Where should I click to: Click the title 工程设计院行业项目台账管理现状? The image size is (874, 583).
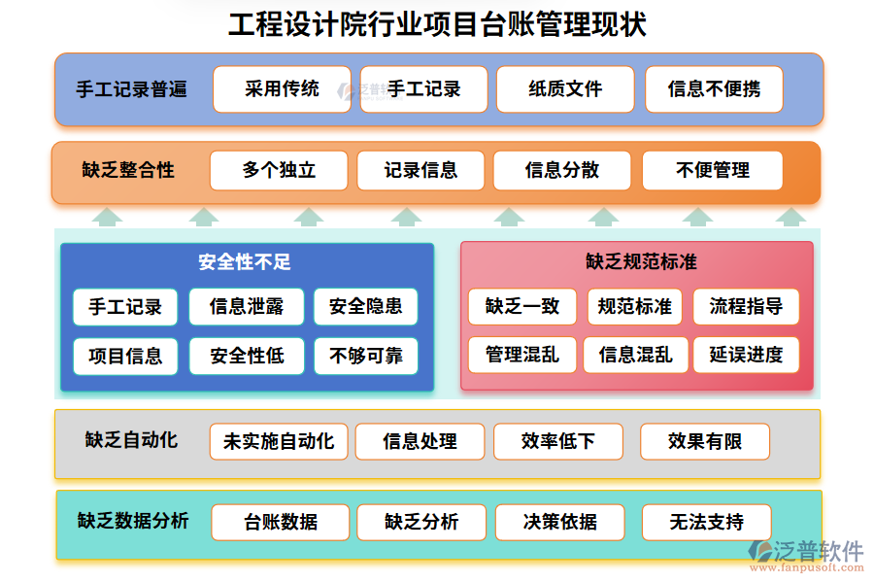(x=437, y=24)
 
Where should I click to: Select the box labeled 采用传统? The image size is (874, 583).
(x=282, y=89)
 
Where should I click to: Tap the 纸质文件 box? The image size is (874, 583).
(x=565, y=89)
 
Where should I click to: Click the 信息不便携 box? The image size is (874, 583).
(x=714, y=89)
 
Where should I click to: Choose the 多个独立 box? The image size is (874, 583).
(x=279, y=170)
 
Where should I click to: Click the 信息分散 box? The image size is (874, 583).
(x=562, y=170)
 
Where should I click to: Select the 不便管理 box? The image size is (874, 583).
(x=712, y=170)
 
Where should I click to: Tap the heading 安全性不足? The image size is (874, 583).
(x=245, y=262)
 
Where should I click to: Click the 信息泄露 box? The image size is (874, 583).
(x=247, y=307)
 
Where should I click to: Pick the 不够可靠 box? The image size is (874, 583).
(x=366, y=356)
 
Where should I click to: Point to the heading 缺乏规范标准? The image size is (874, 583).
(x=641, y=262)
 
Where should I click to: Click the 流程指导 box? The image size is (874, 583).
(x=746, y=307)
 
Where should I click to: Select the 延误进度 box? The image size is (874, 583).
(x=746, y=355)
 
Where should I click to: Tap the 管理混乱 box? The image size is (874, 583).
(x=521, y=355)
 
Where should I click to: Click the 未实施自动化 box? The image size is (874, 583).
(x=279, y=441)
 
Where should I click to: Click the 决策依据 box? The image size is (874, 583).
(x=560, y=522)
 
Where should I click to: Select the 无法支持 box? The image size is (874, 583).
(x=706, y=522)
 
